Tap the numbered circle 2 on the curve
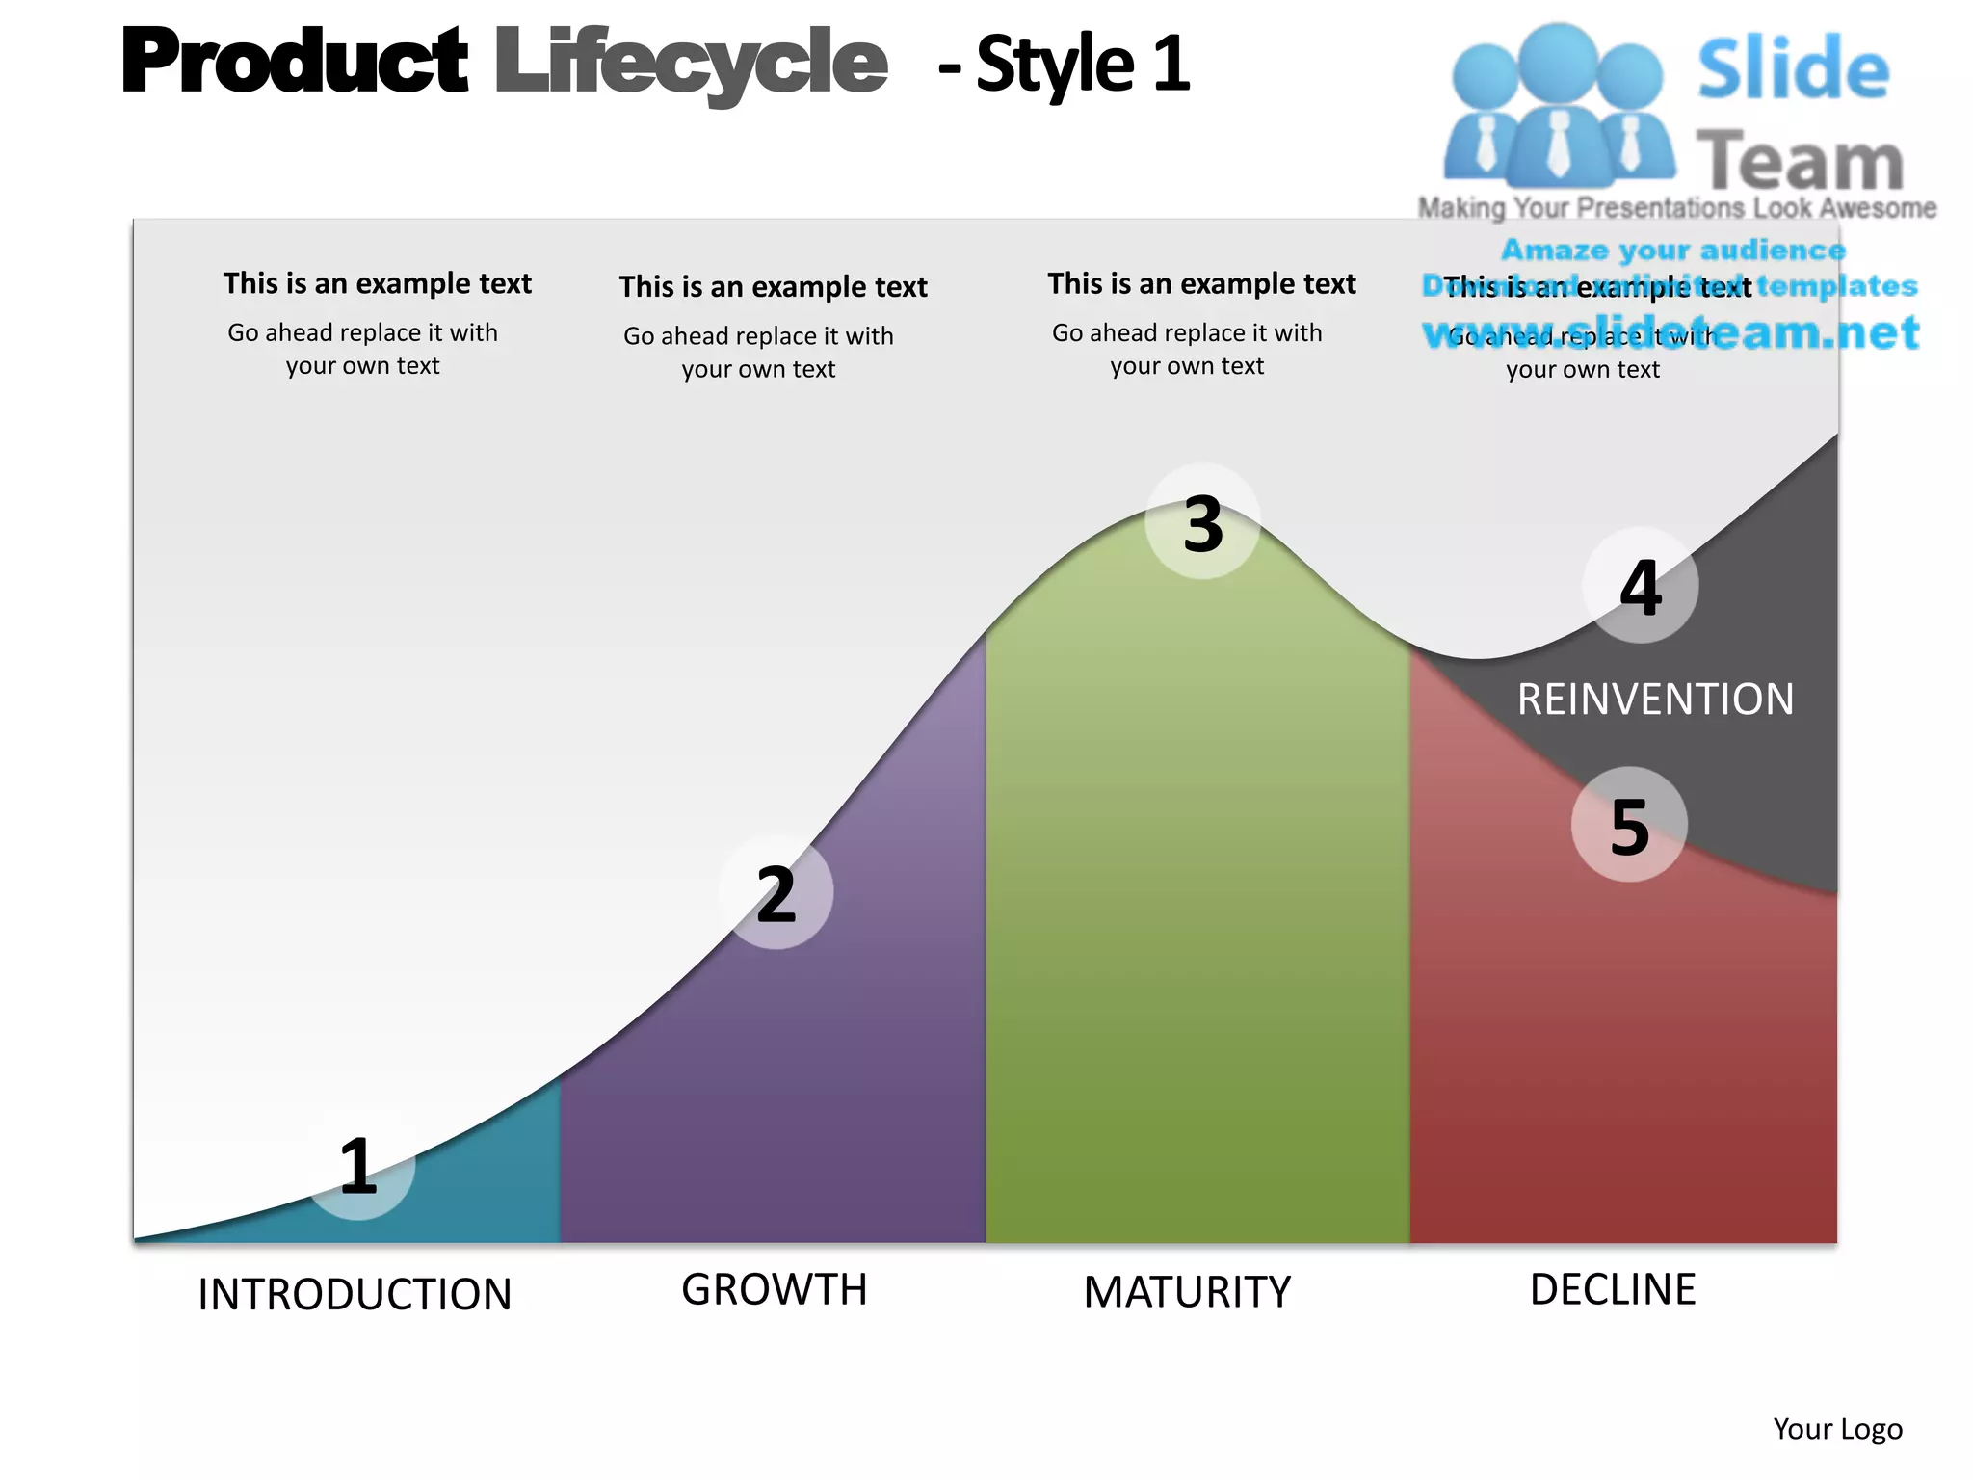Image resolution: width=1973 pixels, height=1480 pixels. click(776, 893)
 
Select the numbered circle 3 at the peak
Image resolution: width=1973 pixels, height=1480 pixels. click(1202, 523)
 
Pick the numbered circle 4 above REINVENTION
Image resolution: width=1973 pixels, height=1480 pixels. click(1640, 586)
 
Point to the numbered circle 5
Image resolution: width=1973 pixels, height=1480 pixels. click(1629, 825)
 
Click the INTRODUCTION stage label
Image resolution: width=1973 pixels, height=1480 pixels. click(355, 1294)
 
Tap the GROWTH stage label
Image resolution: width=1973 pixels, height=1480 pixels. click(775, 1289)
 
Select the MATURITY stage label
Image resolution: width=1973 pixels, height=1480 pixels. click(1187, 1292)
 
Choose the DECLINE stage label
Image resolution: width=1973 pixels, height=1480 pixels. click(1613, 1289)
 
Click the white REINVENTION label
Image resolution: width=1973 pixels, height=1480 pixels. click(1655, 700)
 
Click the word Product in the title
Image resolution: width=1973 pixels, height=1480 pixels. click(295, 63)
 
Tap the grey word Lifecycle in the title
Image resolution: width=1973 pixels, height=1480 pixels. click(691, 63)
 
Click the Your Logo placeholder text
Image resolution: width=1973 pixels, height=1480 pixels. click(1837, 1429)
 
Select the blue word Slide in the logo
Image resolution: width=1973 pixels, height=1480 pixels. click(1793, 69)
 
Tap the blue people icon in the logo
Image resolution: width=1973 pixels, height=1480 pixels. click(1558, 106)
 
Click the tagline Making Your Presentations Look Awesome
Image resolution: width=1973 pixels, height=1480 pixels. click(1676, 208)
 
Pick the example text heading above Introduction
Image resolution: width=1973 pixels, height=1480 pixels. click(377, 283)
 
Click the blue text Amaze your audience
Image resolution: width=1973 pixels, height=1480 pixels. click(1673, 251)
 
